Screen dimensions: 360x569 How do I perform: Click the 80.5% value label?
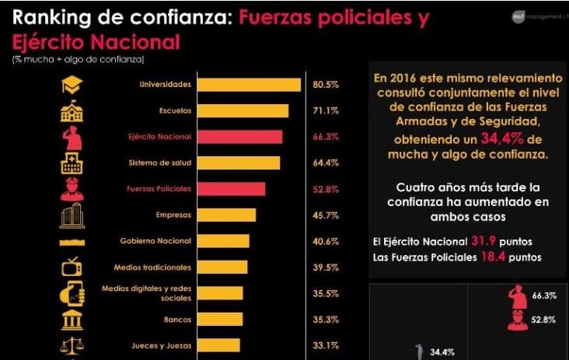325,85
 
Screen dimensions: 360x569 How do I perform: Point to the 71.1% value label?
325,111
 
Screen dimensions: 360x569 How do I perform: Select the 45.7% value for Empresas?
325,215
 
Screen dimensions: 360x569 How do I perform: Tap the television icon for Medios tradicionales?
72,267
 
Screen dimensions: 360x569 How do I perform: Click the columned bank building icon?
72,319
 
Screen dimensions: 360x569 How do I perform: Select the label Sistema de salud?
159,163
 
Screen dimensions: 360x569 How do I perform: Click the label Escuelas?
176,111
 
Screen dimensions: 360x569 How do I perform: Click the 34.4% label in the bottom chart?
442,352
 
